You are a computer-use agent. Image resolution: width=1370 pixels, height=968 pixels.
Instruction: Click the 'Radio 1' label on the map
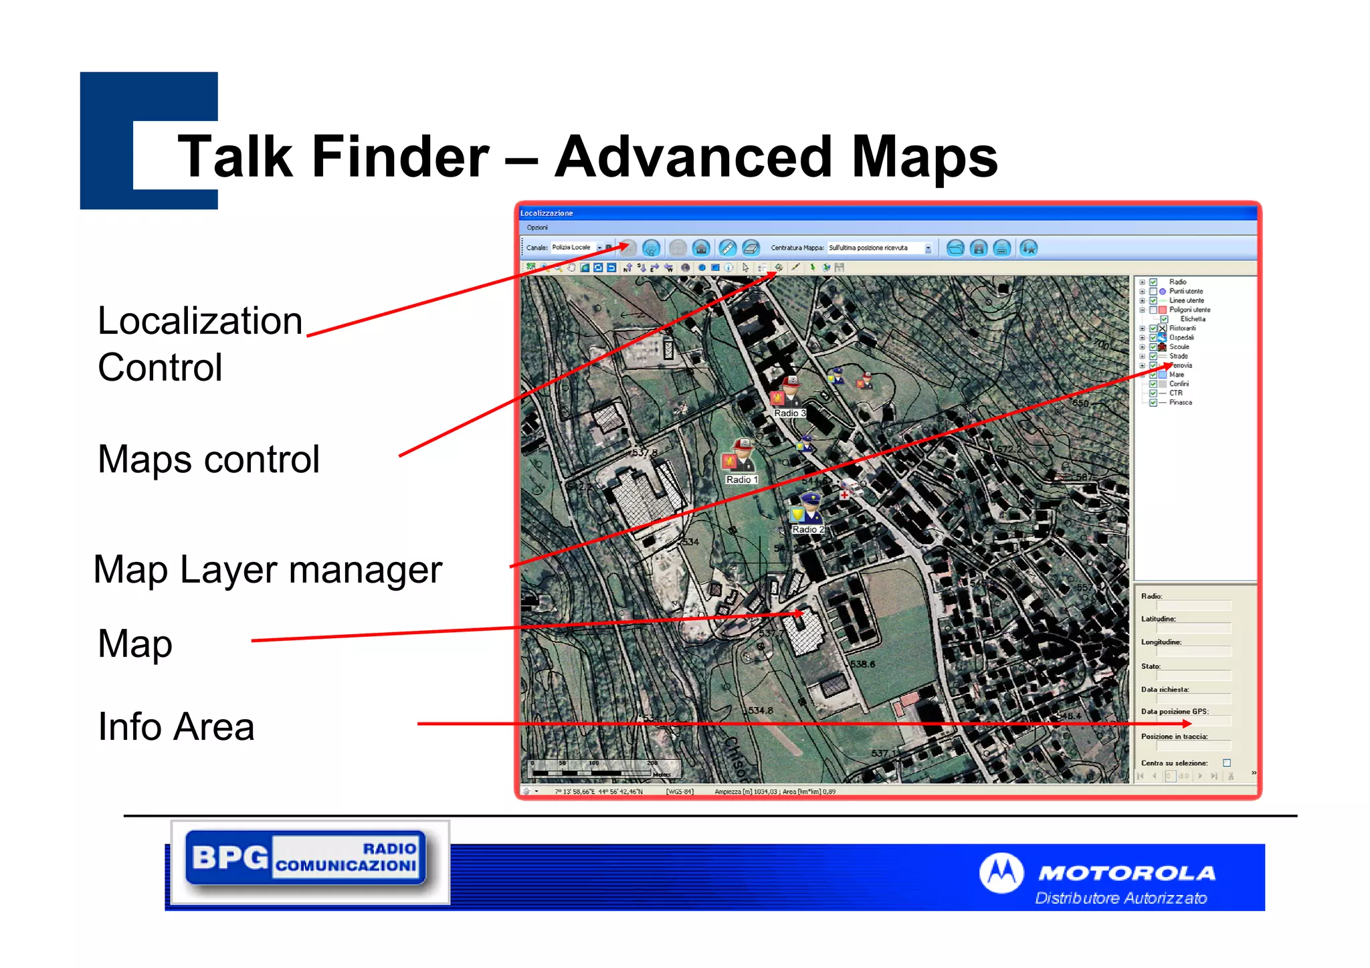741,480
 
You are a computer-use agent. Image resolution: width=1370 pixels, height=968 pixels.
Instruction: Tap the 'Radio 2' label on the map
807,529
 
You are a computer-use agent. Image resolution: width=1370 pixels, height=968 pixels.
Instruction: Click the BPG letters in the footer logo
229,857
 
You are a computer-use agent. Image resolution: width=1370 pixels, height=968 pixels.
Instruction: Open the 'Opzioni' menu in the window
536,227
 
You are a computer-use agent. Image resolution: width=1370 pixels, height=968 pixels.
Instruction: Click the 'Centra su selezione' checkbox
1227,763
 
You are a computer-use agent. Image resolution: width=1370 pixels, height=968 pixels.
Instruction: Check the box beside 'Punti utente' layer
1153,291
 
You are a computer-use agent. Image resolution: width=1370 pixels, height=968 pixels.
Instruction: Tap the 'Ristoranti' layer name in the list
1183,328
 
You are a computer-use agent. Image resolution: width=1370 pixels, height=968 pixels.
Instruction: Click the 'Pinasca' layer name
1181,402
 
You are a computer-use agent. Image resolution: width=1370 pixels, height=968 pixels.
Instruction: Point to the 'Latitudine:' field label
1158,619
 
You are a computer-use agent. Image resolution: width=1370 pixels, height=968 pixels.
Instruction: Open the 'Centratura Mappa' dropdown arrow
928,248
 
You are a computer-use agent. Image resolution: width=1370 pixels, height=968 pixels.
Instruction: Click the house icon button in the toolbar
700,248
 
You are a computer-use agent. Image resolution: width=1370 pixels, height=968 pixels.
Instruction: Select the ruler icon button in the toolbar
727,248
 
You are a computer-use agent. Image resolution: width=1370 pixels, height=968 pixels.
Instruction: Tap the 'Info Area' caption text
176,727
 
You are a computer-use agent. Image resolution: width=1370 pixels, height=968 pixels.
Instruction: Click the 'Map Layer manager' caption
268,569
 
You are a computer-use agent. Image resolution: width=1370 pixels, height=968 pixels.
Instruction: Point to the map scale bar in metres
593,769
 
